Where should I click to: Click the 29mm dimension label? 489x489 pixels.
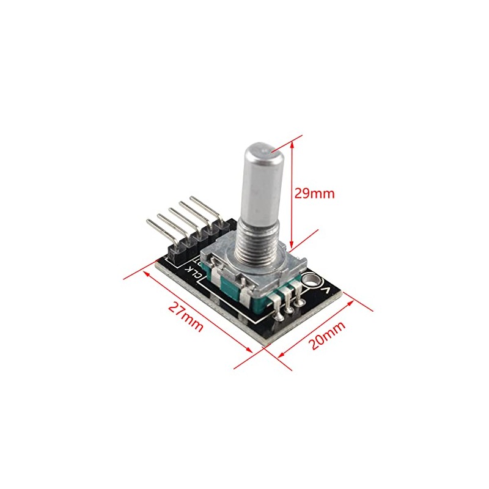[315, 194]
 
